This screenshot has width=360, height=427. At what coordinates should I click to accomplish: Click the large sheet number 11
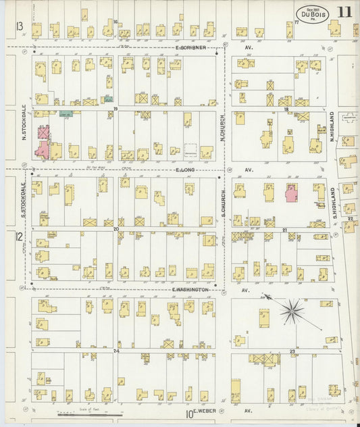tap(344, 12)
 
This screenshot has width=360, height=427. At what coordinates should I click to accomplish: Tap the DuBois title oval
tap(308, 14)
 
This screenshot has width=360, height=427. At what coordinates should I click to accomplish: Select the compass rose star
tap(292, 311)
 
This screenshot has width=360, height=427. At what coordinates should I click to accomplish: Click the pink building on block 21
tap(292, 193)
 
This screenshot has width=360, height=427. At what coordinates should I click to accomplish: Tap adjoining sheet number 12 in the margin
tap(19, 236)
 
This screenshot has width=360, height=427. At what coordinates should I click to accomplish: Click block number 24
tap(116, 351)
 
